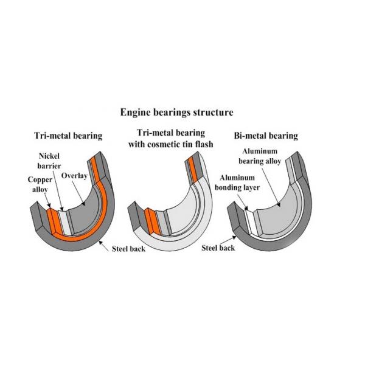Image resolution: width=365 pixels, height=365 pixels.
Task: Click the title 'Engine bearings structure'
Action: point(176,113)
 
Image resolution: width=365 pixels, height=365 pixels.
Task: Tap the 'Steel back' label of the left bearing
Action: point(128,249)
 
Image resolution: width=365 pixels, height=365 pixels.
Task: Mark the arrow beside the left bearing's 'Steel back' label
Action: point(105,243)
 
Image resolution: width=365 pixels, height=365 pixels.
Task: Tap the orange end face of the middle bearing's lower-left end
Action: point(148,215)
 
